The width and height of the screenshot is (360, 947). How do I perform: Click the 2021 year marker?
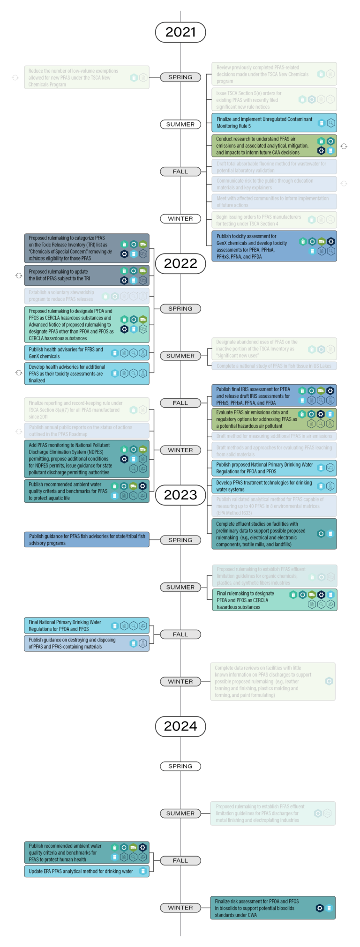[x=180, y=32]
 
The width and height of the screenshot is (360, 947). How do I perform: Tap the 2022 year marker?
[x=180, y=263]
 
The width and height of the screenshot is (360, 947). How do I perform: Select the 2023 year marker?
[x=180, y=495]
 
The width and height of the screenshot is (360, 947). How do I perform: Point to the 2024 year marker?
[x=180, y=726]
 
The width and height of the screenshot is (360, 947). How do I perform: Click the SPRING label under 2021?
[x=180, y=77]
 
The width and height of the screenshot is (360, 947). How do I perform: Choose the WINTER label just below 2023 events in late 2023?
[x=180, y=682]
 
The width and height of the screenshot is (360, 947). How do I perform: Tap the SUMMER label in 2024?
[x=180, y=813]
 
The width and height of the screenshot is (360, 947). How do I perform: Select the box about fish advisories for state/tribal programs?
[x=87, y=540]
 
